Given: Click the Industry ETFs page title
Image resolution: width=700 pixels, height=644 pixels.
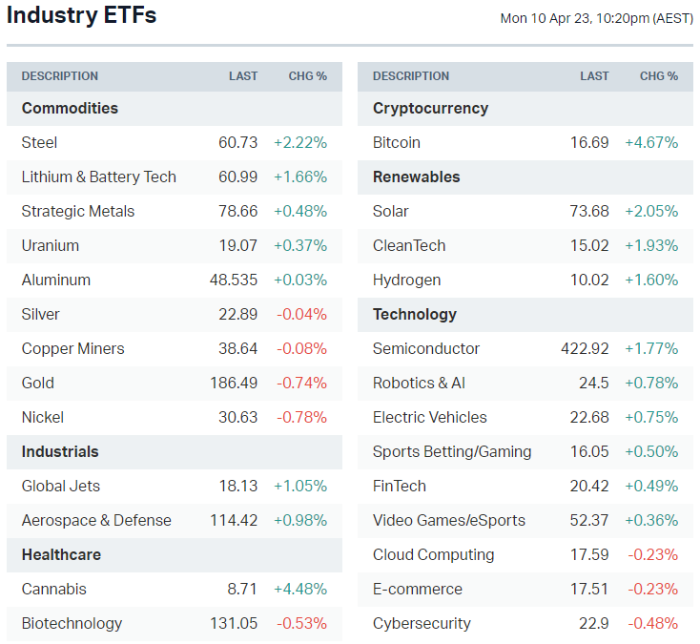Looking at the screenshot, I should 82,16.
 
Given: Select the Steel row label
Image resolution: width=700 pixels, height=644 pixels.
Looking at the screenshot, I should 39,142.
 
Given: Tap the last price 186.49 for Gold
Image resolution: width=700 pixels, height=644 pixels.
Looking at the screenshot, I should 234,383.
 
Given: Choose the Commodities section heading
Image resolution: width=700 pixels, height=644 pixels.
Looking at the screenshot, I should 70,108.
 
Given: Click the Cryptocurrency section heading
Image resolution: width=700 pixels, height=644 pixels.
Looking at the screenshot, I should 430,108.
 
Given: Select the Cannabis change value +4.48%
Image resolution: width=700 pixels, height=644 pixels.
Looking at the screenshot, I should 299,589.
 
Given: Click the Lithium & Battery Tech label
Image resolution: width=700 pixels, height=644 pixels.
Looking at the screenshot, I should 98,177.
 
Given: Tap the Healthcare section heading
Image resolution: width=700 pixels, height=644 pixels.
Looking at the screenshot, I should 61,554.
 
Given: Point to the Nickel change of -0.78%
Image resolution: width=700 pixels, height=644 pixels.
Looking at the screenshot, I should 301,417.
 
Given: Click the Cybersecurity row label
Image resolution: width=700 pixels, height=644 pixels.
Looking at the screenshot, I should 422,623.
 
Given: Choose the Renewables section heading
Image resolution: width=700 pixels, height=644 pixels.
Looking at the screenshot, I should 416,177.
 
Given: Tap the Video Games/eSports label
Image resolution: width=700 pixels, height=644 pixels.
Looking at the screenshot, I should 448,520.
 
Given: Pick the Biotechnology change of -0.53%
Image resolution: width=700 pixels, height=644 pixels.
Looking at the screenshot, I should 301,623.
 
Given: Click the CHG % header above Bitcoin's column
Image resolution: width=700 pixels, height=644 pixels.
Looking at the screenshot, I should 658,76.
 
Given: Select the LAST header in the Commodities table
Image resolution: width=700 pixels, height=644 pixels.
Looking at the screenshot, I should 243,76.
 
